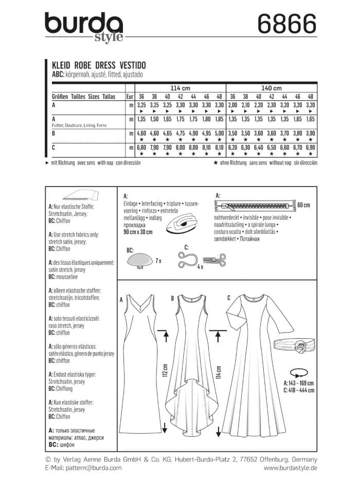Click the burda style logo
pos(84,27)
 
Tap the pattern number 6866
pos(280,24)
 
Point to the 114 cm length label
pos(219,371)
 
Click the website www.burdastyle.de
pos(290,468)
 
